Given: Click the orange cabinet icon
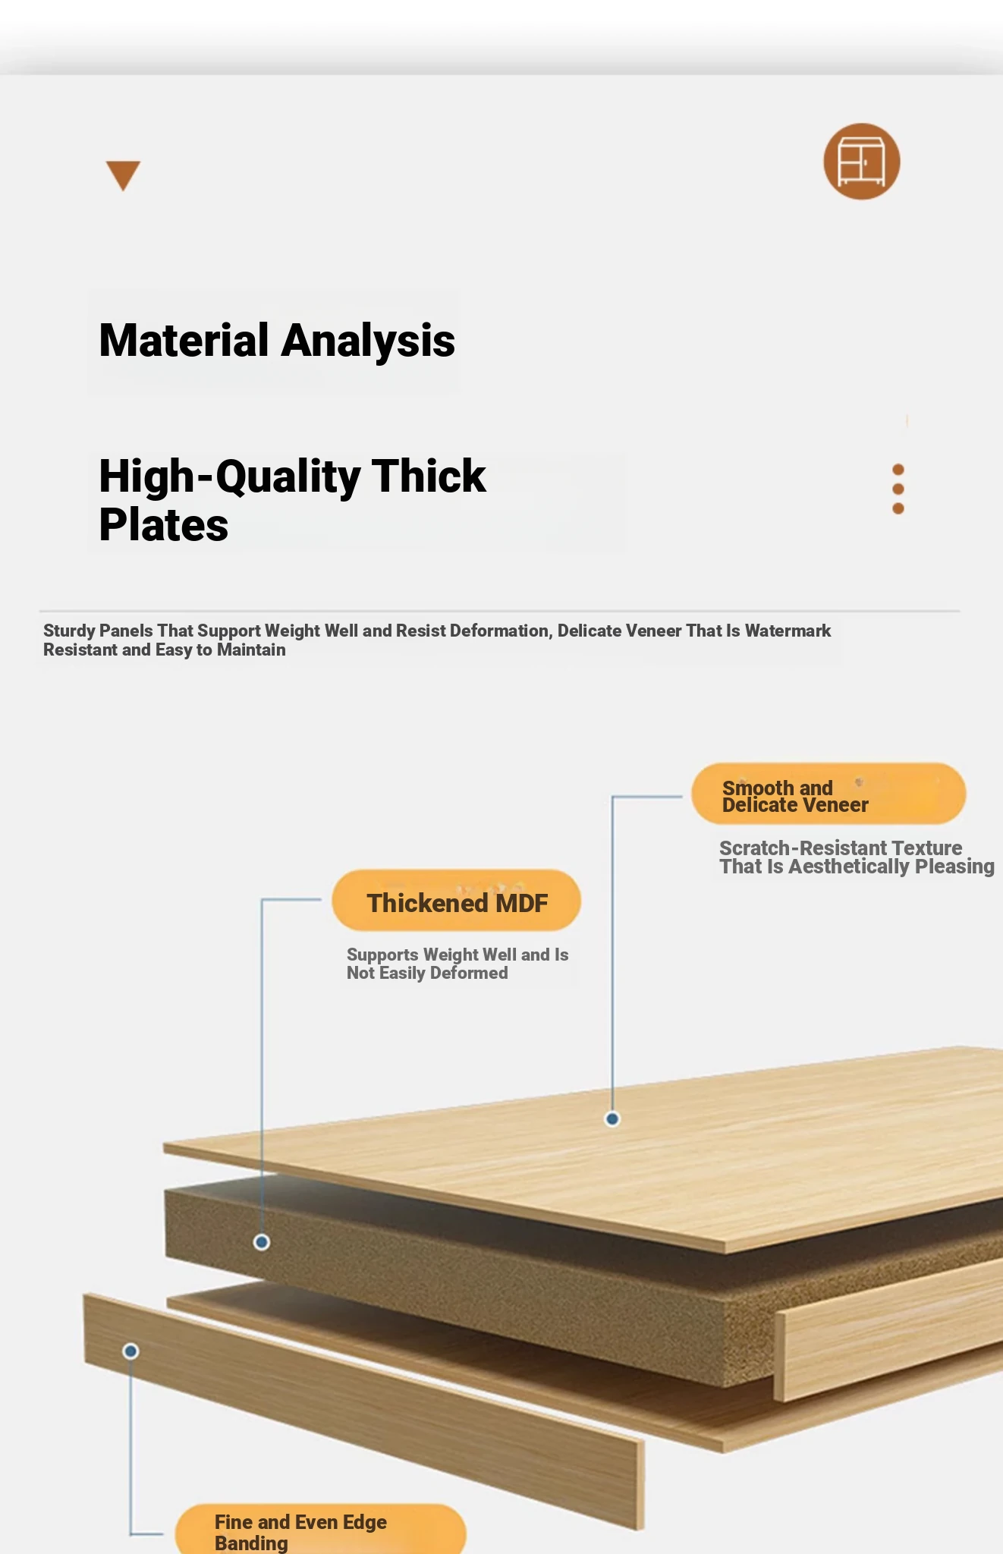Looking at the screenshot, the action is coord(862,162).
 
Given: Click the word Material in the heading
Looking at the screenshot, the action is coord(184,340).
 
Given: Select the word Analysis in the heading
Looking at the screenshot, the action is coord(368,341).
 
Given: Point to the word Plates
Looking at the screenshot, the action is coord(164,525).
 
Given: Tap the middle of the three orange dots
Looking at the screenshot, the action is coord(898,489).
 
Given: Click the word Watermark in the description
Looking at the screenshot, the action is coord(788,631).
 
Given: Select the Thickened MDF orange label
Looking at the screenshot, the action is coord(457,901).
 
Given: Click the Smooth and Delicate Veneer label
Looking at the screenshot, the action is coord(828,794).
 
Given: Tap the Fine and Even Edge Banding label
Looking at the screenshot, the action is coord(320,1529).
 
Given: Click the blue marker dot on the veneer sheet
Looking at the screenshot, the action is coord(612,1118).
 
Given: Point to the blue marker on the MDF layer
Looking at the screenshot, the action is coord(262,1242).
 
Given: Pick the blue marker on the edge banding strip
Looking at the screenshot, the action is coord(130,1351).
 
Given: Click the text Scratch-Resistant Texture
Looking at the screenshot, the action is coord(841,848).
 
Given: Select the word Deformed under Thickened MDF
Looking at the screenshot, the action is coord(469,973).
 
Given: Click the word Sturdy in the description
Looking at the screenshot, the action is coord(69,631).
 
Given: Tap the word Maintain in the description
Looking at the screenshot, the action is coord(251,650).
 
